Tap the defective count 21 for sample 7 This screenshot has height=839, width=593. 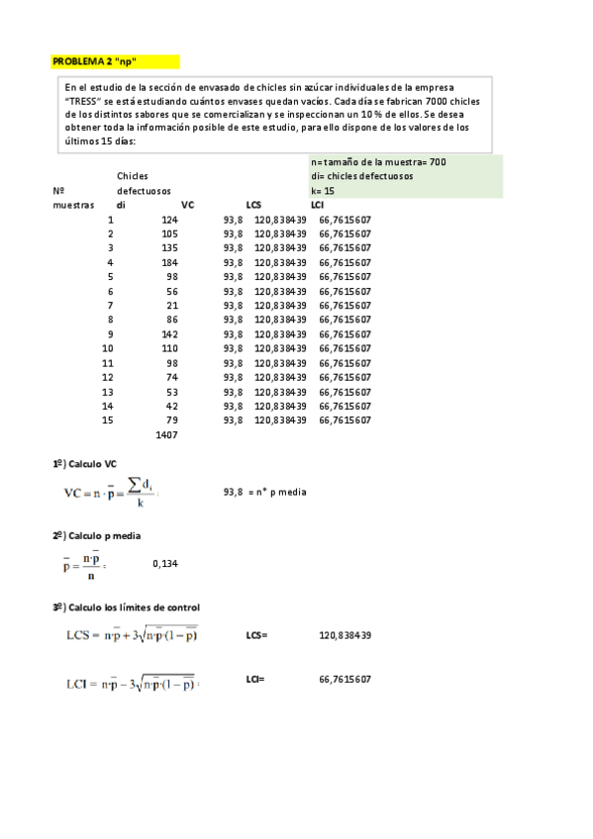tap(172, 306)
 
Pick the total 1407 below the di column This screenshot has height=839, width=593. tap(166, 435)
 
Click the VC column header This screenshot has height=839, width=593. tap(188, 205)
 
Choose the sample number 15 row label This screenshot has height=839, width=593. tap(108, 420)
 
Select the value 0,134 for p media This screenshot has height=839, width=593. tap(165, 563)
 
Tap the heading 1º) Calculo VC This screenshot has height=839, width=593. tap(85, 464)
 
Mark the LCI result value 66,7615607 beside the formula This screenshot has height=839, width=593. tap(346, 680)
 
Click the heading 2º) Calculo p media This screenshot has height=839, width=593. tap(96, 535)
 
